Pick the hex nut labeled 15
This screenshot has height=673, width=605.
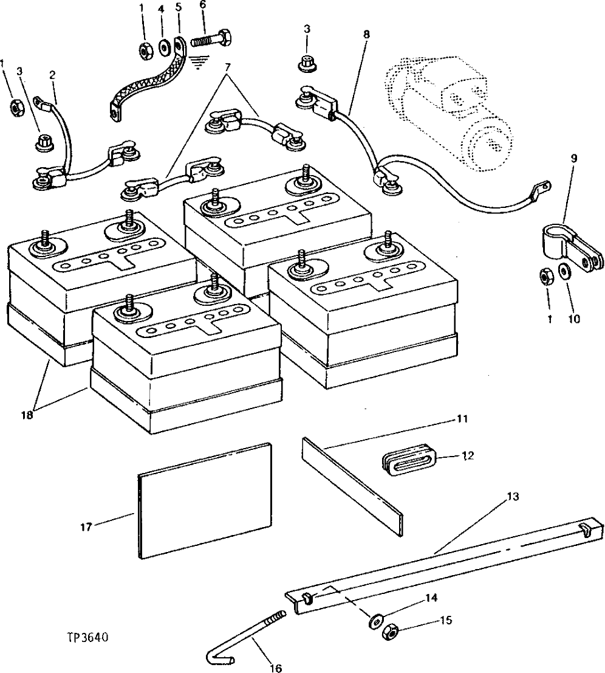pyautogui.click(x=390, y=633)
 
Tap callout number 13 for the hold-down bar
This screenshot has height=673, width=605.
pyautogui.click(x=513, y=497)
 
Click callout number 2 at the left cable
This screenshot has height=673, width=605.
pyautogui.click(x=53, y=75)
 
